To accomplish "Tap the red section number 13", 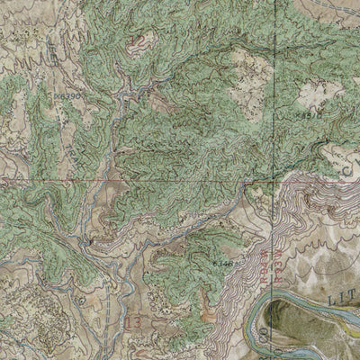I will point(136,321).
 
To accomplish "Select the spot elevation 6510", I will point(309,113).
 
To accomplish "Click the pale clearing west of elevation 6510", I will point(247,67).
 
